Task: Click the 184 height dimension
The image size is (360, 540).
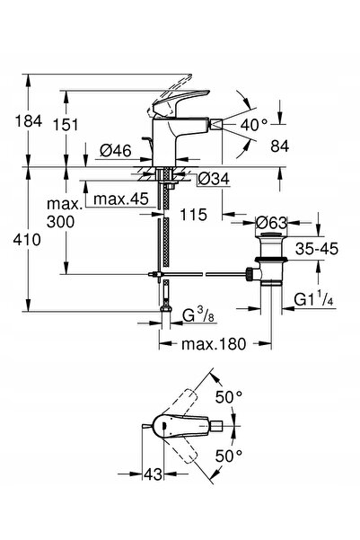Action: (x=28, y=121)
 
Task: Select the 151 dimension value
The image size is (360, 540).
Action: (x=66, y=124)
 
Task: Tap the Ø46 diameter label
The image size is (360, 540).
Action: (x=116, y=150)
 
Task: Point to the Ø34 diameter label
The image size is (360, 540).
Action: (x=214, y=179)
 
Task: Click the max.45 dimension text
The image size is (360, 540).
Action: (x=121, y=199)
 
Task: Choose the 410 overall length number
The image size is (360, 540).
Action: (x=27, y=239)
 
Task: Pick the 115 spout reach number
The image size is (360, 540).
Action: (x=193, y=215)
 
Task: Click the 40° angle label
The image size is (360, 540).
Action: (x=254, y=124)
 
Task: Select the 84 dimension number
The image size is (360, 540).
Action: (x=279, y=146)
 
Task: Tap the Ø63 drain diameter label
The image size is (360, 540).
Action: (x=271, y=223)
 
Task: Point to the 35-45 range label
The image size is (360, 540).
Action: (x=317, y=248)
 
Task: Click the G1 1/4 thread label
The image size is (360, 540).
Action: (x=314, y=299)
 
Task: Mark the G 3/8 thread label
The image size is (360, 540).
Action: (x=198, y=316)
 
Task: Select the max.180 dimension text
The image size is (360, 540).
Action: (x=214, y=344)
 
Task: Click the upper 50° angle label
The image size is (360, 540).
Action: (x=229, y=397)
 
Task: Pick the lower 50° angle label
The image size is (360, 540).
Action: (x=229, y=456)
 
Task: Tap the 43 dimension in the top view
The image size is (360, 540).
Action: (x=153, y=474)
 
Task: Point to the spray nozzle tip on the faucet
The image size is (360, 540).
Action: (x=215, y=124)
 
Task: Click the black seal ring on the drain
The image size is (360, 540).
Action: (x=271, y=259)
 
